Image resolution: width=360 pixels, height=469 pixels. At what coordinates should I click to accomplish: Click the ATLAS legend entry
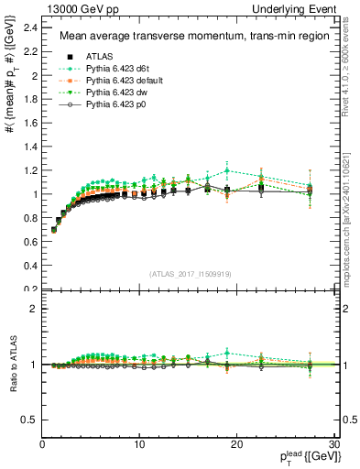[x=86, y=56]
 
